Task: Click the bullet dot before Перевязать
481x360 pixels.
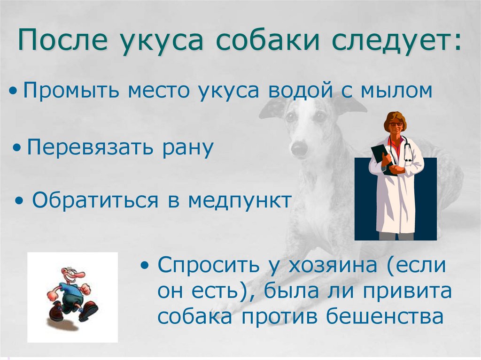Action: tap(17, 148)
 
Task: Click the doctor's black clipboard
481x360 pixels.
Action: tap(380, 155)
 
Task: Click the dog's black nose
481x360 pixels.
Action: tap(299, 149)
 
